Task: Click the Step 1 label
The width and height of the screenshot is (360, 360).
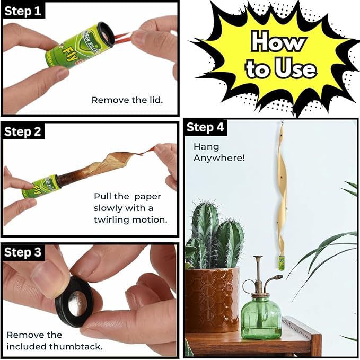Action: tap(23, 11)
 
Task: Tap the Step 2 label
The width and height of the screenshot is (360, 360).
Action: tap(23, 131)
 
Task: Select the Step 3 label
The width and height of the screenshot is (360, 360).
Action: tap(23, 252)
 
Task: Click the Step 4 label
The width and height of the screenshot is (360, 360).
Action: tap(205, 127)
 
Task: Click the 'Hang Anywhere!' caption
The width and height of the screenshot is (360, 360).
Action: tap(212, 152)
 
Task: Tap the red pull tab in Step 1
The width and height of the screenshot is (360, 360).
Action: tap(121, 37)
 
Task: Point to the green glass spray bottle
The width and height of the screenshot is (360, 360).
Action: tap(260, 316)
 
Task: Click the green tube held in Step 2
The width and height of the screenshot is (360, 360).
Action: tap(41, 188)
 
